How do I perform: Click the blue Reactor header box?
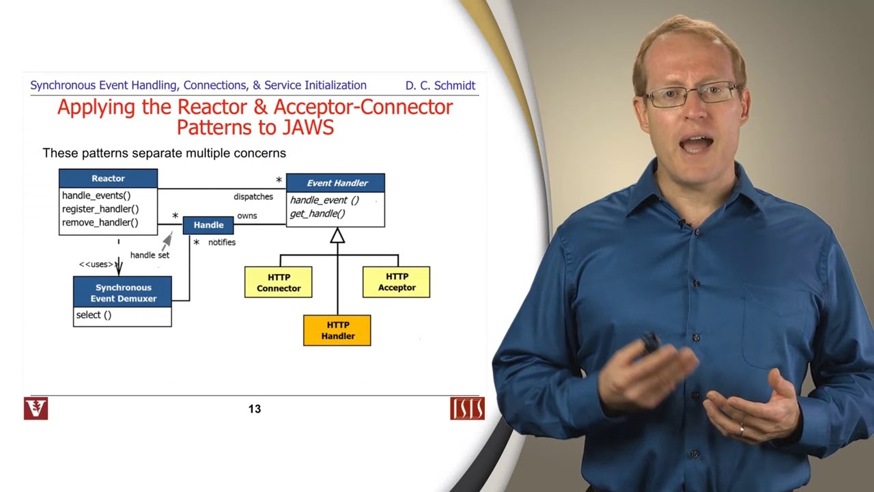point(108,178)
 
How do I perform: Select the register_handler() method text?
point(100,209)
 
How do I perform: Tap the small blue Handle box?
point(208,225)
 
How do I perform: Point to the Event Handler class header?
point(335,183)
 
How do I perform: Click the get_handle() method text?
point(318,214)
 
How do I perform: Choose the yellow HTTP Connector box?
point(279,282)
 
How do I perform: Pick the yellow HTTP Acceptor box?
point(397,282)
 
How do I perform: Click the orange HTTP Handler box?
point(337,330)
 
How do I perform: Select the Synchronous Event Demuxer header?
point(123,292)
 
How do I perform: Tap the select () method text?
point(94,315)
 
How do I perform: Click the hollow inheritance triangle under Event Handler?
point(337,236)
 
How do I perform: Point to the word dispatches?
point(253,197)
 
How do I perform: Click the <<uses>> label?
point(96,264)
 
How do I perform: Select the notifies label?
point(222,243)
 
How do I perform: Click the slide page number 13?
point(255,409)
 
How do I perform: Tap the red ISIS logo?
point(467,408)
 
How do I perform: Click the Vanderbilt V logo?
point(36,408)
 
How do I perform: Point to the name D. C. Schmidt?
point(440,85)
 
